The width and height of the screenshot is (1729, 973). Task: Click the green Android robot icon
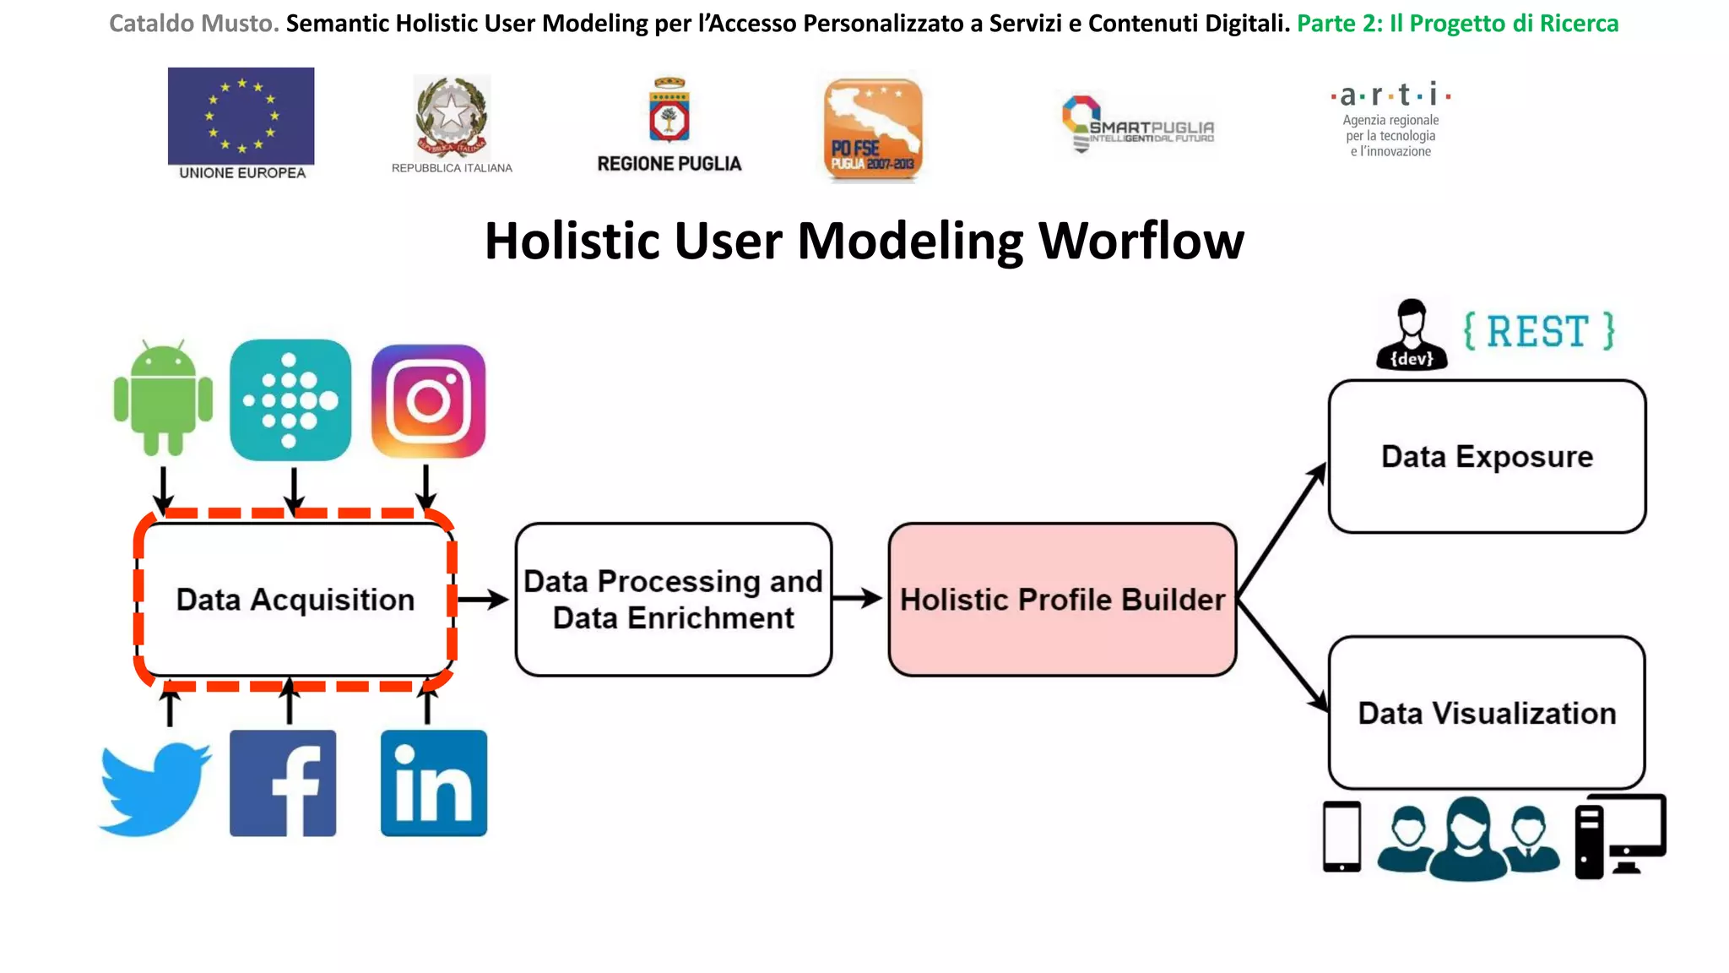(x=163, y=398)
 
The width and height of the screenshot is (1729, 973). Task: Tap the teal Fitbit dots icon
(x=290, y=400)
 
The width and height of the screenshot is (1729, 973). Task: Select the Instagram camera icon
(x=429, y=401)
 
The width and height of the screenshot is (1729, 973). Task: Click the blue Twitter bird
(x=154, y=787)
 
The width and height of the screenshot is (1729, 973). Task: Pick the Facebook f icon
(x=283, y=783)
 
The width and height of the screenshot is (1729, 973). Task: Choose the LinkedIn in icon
(x=434, y=783)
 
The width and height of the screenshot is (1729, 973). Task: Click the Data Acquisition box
(x=295, y=599)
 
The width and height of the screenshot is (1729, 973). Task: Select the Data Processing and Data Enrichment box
(x=673, y=599)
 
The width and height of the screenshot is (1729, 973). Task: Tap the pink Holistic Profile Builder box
(x=1062, y=599)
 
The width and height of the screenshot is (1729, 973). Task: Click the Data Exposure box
(x=1487, y=456)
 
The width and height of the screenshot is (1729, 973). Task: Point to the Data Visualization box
(x=1487, y=713)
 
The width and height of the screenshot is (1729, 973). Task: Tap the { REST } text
(x=1538, y=331)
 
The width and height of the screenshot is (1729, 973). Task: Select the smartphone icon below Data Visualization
(x=1341, y=836)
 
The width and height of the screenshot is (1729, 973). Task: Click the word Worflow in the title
(x=1141, y=242)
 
